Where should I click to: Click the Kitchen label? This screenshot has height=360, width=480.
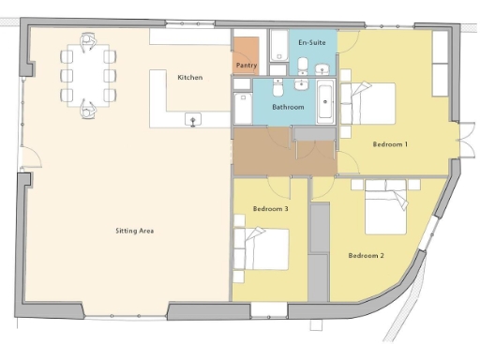tap(190, 77)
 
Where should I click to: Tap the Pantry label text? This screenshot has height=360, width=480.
tap(247, 66)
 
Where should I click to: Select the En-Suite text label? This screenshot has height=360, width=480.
tap(311, 43)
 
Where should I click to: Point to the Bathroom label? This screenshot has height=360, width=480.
tap(288, 108)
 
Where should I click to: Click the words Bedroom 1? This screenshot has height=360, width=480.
tap(390, 143)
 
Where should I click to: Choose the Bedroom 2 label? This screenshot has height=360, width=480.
tap(367, 255)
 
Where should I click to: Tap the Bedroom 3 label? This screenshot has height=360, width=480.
tap(271, 209)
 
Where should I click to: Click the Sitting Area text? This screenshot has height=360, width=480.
tap(134, 230)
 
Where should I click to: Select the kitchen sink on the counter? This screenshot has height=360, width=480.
tap(195, 118)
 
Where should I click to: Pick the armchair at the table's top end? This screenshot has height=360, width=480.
tap(88, 40)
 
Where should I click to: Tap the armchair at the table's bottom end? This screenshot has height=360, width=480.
tap(88, 110)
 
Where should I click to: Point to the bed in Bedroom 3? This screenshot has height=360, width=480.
tap(265, 250)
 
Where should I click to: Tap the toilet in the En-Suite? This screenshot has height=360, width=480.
tap(322, 67)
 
